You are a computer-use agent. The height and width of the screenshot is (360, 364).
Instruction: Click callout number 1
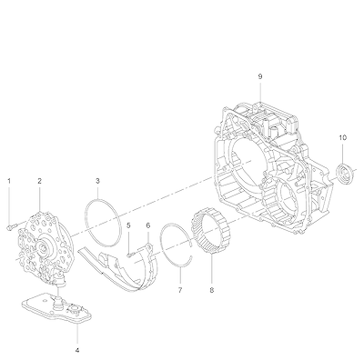(9, 181)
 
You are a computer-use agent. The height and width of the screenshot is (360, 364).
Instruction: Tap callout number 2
(39, 181)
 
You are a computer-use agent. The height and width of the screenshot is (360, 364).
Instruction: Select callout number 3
(97, 181)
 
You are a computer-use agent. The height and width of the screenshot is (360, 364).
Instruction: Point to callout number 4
(77, 350)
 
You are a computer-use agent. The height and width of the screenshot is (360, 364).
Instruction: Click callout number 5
(128, 225)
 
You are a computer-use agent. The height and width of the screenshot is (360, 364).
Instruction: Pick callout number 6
(148, 225)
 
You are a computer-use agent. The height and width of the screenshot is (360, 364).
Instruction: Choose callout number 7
(180, 290)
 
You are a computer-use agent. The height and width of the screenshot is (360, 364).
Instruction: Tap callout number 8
(211, 290)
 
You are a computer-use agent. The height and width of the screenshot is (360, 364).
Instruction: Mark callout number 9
(260, 76)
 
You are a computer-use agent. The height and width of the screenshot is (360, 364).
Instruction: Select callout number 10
(342, 137)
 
